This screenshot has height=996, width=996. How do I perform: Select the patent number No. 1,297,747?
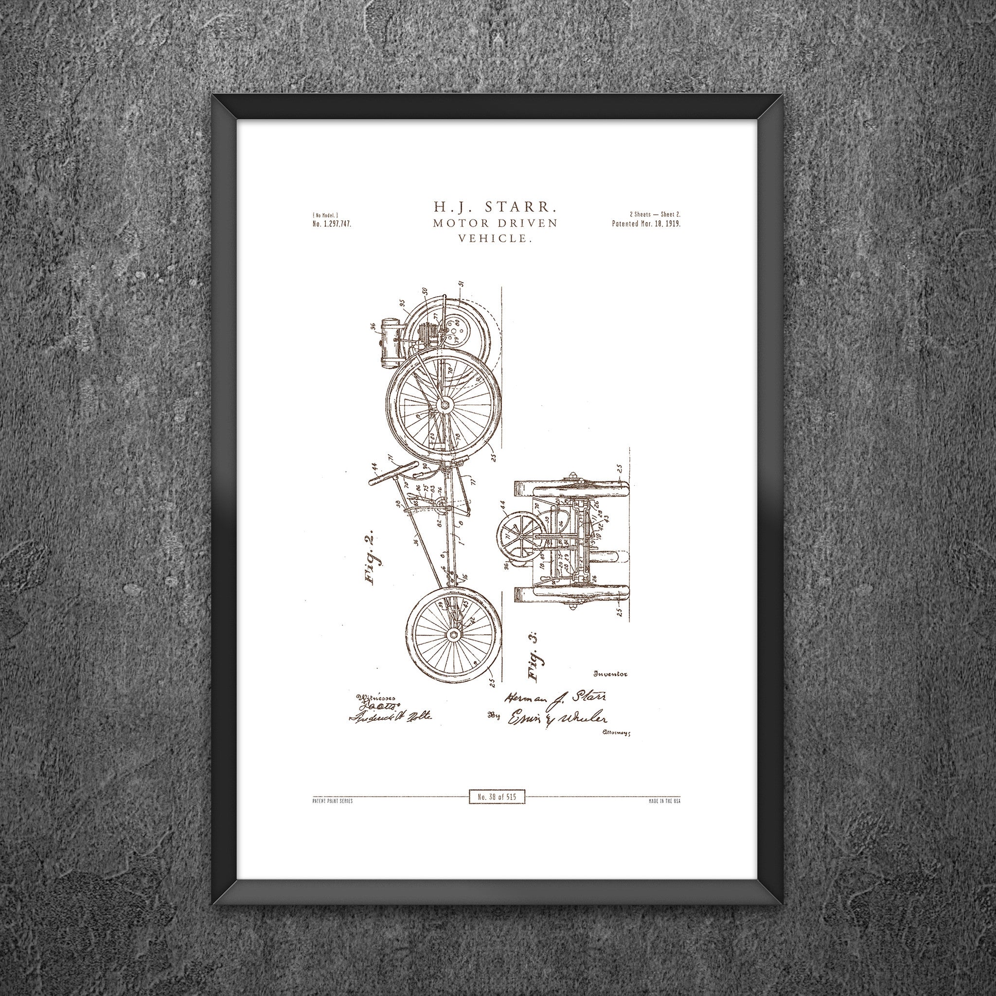coord(332,224)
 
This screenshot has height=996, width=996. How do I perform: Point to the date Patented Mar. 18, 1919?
coord(646,224)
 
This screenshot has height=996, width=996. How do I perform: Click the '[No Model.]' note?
coord(325,214)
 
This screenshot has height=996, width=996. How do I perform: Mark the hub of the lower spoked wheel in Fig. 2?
coord(454,634)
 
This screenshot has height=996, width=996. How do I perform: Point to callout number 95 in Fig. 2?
coord(402,303)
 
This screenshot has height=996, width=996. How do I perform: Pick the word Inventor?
coord(611,674)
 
